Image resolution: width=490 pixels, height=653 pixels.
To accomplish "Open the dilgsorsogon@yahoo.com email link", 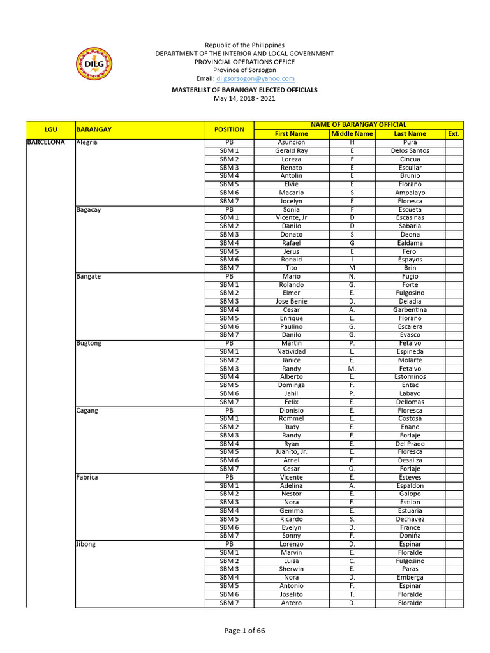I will pos(255,78).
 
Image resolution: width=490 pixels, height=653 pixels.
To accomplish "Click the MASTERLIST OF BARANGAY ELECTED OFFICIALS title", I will pos(244,90).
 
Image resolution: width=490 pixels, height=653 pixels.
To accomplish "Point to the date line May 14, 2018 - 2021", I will pos(244,98).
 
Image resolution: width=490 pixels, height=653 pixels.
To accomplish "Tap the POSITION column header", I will pos(229,129).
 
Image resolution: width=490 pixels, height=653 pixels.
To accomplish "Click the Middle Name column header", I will pos(352,134).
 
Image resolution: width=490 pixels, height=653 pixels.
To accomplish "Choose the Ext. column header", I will pos(454,134).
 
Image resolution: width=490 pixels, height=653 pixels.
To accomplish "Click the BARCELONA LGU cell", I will pos(46,142).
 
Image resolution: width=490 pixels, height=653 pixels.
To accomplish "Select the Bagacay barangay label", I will pos(89,209).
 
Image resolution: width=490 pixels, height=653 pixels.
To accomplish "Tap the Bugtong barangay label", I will pos(89,343).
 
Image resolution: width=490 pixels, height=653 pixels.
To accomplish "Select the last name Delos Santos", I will pos(410,150).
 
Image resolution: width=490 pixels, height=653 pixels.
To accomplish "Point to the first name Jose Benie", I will pos(292,301).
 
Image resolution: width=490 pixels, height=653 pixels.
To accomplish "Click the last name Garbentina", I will pos(410,310).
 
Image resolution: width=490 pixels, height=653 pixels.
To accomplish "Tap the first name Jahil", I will pos(292,393).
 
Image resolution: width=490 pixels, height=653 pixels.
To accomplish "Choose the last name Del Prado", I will pos(410,444).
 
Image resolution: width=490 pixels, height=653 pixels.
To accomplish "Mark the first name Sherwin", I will pos(292,569).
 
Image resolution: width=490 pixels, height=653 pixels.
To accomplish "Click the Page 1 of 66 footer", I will pos(244,631).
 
